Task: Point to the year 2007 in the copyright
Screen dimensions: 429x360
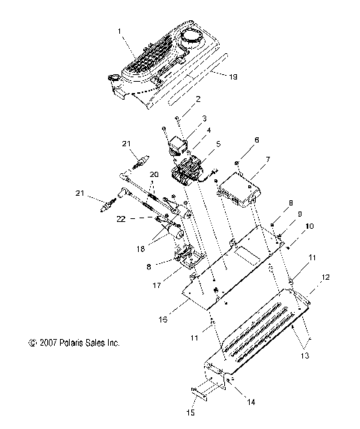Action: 44,343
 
